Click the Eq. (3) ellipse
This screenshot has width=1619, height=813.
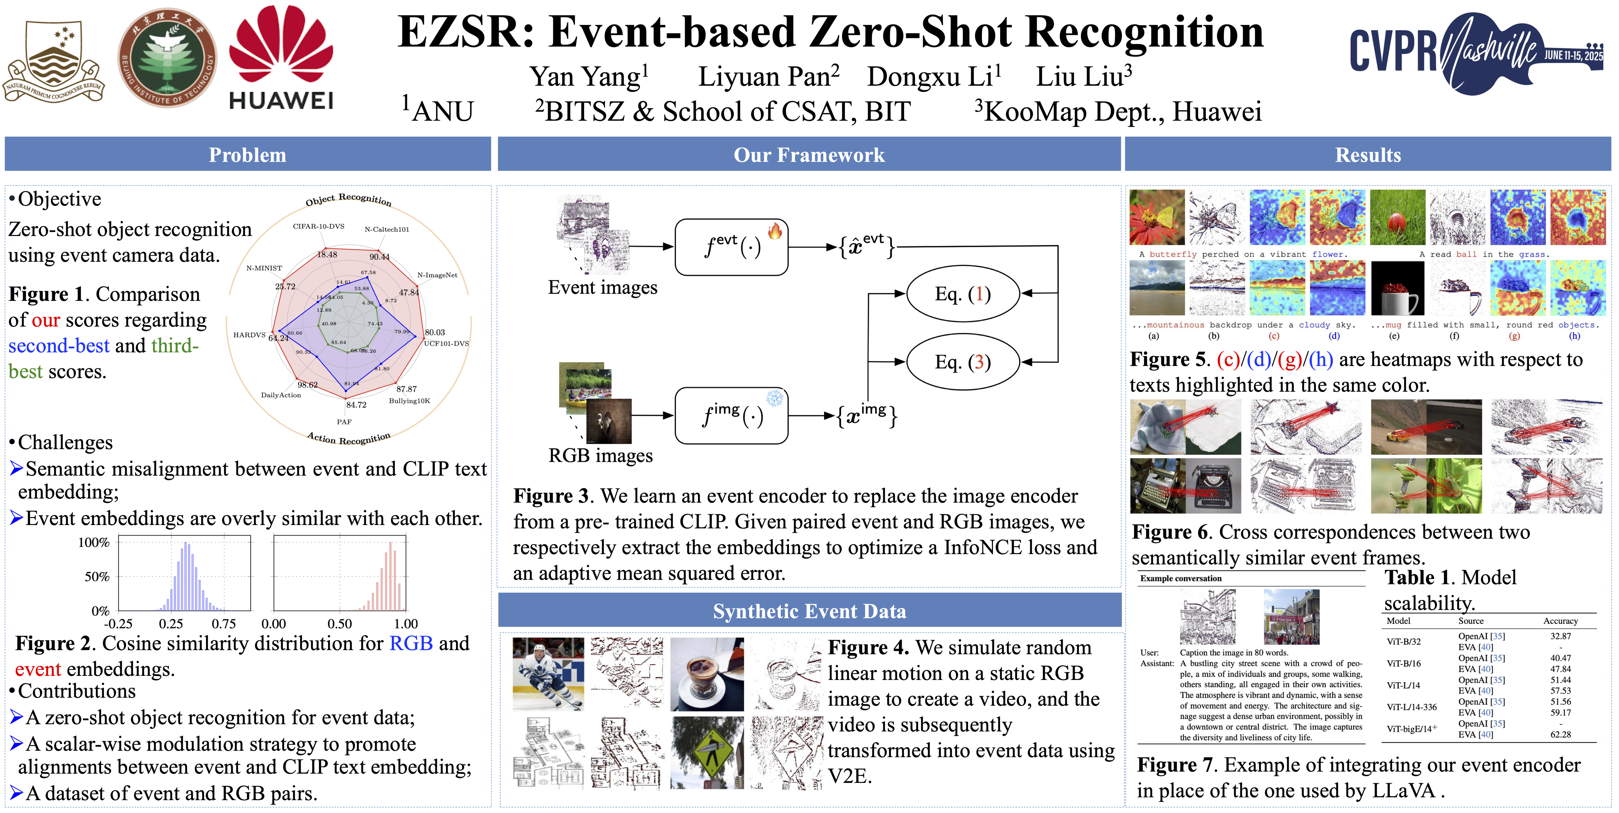(962, 362)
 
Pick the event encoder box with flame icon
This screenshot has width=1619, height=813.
(731, 247)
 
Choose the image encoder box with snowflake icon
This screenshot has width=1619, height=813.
(731, 415)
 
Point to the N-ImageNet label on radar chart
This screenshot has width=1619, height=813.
(437, 275)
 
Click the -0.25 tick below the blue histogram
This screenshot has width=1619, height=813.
(118, 624)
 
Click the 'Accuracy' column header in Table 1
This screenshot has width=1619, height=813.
(1561, 621)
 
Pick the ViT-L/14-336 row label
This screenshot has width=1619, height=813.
(1412, 707)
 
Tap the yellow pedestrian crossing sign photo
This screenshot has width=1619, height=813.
(707, 753)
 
